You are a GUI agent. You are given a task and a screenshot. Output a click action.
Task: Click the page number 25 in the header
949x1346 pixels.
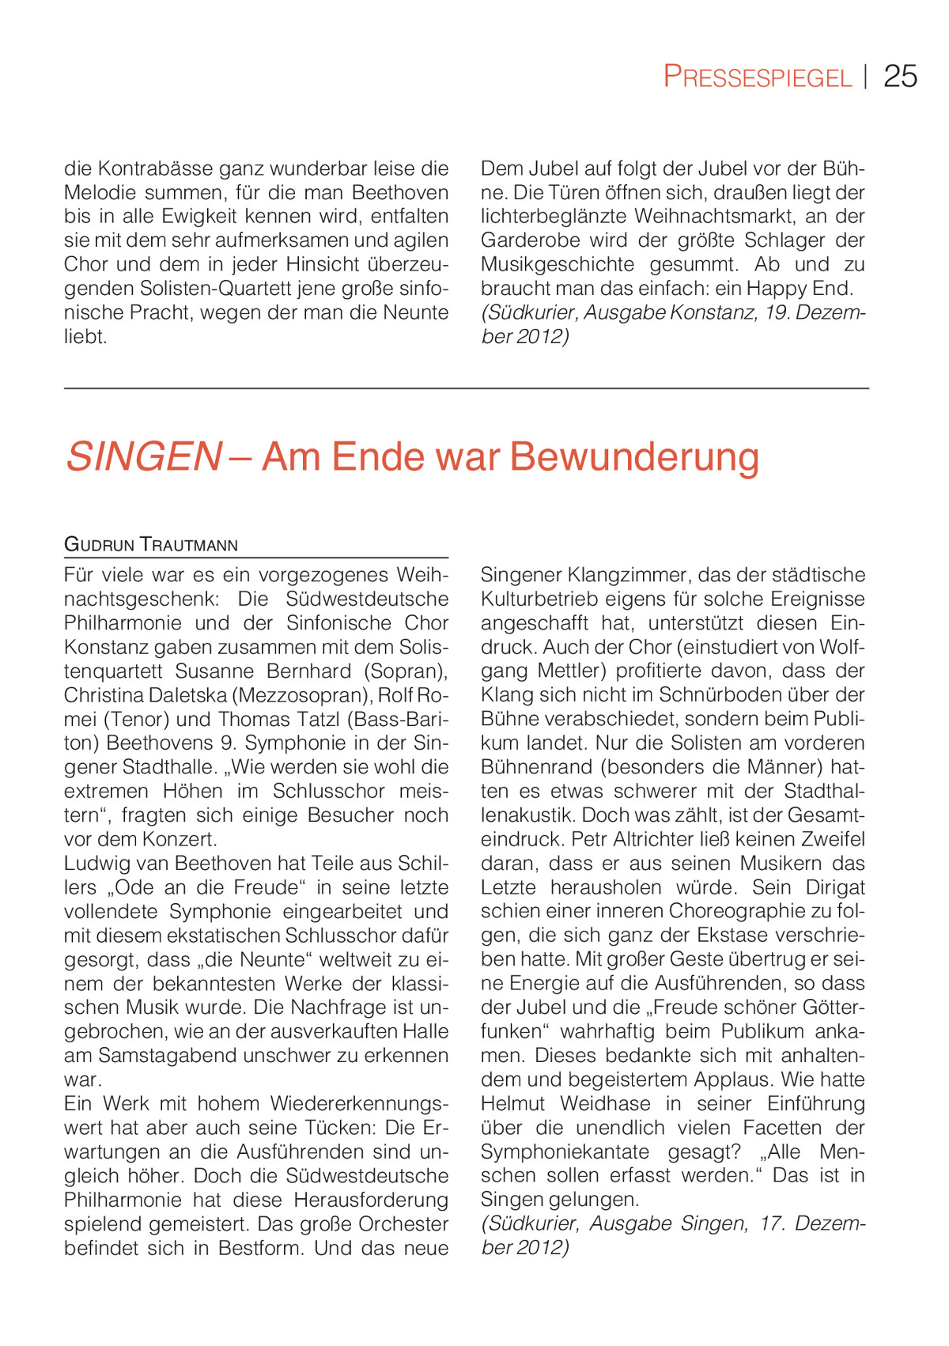[x=900, y=77]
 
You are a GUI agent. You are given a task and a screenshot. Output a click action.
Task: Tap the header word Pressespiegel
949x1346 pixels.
[x=757, y=78]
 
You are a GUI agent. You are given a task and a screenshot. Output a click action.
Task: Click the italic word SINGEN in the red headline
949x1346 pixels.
[x=143, y=457]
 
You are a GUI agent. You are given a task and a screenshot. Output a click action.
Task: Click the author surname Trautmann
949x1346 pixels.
[x=189, y=544]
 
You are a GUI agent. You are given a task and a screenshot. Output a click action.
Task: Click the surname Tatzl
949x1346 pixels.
[x=313, y=720]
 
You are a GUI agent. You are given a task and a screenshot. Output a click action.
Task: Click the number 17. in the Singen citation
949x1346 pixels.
[x=771, y=1223]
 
